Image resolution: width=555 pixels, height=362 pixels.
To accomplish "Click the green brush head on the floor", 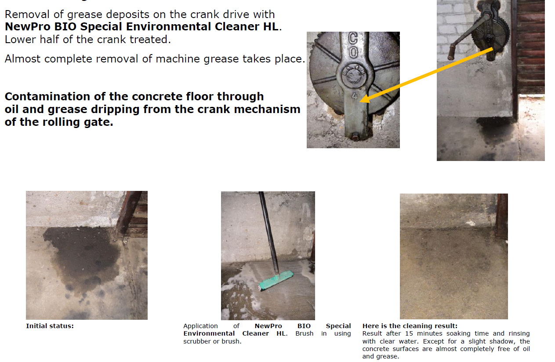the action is click(276, 280).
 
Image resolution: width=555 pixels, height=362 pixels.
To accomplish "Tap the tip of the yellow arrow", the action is click(359, 101).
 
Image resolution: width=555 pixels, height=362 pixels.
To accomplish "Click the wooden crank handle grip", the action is click(452, 52).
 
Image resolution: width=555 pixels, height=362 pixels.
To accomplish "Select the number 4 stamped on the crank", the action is click(355, 96).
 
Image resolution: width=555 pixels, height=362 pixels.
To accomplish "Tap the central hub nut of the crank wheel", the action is click(353, 76).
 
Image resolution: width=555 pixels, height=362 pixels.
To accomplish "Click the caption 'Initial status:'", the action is click(50, 326).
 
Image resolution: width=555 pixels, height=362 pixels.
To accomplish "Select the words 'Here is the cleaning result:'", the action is click(410, 326).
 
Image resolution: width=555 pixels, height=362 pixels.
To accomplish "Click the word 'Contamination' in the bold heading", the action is click(47, 96).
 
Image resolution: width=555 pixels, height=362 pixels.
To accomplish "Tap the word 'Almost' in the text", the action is click(22, 59).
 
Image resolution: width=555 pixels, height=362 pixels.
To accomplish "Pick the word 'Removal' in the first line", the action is click(27, 15).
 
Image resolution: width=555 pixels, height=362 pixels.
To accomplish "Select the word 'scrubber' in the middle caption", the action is click(197, 341).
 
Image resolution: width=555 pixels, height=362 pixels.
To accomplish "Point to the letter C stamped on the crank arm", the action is click(353, 38).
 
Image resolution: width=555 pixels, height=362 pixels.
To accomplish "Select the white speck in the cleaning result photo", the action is click(470, 223).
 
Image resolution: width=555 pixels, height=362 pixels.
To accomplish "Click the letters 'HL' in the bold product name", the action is click(271, 27).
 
